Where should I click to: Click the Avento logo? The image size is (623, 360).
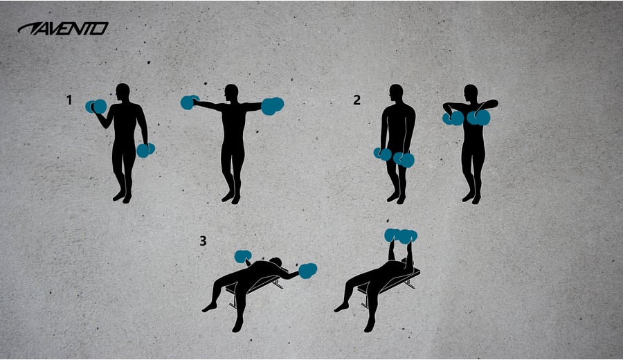point(63,29)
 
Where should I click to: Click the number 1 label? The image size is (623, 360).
point(69,100)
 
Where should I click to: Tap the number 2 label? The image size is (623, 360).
point(356,100)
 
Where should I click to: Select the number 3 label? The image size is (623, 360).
point(203,241)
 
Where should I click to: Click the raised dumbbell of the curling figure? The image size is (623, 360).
point(96,107)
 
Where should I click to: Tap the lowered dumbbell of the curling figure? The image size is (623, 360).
point(145,150)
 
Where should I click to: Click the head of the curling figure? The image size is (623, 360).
point(123,93)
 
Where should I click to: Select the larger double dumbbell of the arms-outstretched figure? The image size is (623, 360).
point(273,106)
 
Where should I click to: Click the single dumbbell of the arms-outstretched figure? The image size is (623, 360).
point(190,102)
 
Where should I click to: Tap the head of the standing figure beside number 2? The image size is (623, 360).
point(396,93)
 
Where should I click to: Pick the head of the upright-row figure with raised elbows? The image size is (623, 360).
point(471,93)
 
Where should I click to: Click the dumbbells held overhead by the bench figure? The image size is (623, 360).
point(401,235)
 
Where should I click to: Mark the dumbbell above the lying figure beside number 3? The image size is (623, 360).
point(243,256)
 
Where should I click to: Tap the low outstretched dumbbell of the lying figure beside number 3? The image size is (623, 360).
point(307,271)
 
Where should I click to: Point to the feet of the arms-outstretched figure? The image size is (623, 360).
point(231,197)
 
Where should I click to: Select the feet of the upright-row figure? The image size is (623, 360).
point(471,197)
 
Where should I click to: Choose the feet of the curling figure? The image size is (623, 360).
point(123,197)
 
